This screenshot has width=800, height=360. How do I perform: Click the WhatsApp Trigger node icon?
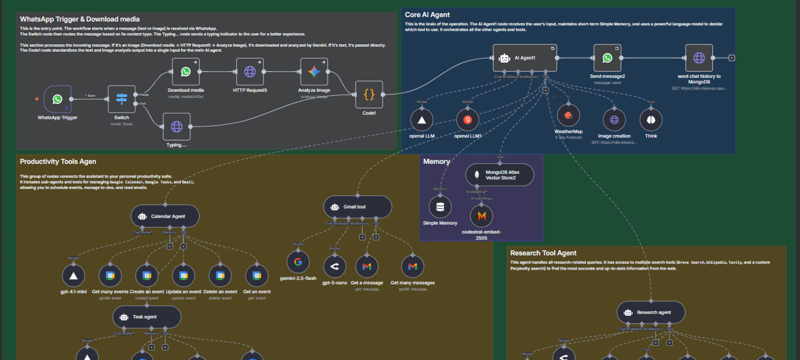click(x=58, y=99)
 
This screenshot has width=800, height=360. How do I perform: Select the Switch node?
click(x=122, y=99)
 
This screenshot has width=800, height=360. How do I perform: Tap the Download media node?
click(x=186, y=72)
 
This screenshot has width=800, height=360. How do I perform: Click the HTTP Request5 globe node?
click(x=250, y=72)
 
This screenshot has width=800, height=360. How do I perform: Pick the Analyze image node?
click(x=314, y=72)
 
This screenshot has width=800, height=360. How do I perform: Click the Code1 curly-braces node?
click(x=369, y=94)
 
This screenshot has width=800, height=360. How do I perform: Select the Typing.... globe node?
click(x=176, y=127)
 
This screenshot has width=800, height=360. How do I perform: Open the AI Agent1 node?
click(x=525, y=58)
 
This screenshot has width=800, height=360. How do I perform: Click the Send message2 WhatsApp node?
click(x=607, y=58)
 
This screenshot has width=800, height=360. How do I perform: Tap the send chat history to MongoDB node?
click(x=699, y=58)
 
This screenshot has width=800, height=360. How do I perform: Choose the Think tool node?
click(x=651, y=120)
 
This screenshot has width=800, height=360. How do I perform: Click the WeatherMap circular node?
click(x=568, y=115)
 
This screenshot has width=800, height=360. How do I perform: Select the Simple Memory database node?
click(x=440, y=208)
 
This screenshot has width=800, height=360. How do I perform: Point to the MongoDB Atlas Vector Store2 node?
click(x=499, y=175)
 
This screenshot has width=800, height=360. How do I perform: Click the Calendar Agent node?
click(x=165, y=216)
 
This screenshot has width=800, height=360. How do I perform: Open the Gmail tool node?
click(x=358, y=207)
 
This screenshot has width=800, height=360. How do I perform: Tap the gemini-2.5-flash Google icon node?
click(x=298, y=262)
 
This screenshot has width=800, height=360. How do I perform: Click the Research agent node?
click(x=651, y=312)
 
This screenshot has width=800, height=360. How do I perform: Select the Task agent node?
click(x=147, y=317)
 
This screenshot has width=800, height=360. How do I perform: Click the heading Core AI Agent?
click(x=427, y=15)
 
